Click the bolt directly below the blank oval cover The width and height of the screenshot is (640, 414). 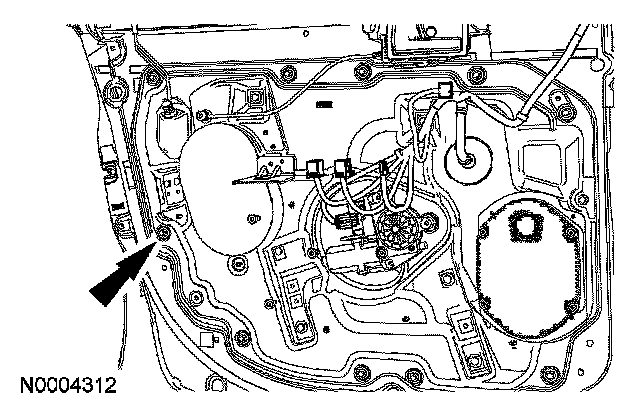(237, 264)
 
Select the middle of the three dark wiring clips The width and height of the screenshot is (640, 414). (345, 166)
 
